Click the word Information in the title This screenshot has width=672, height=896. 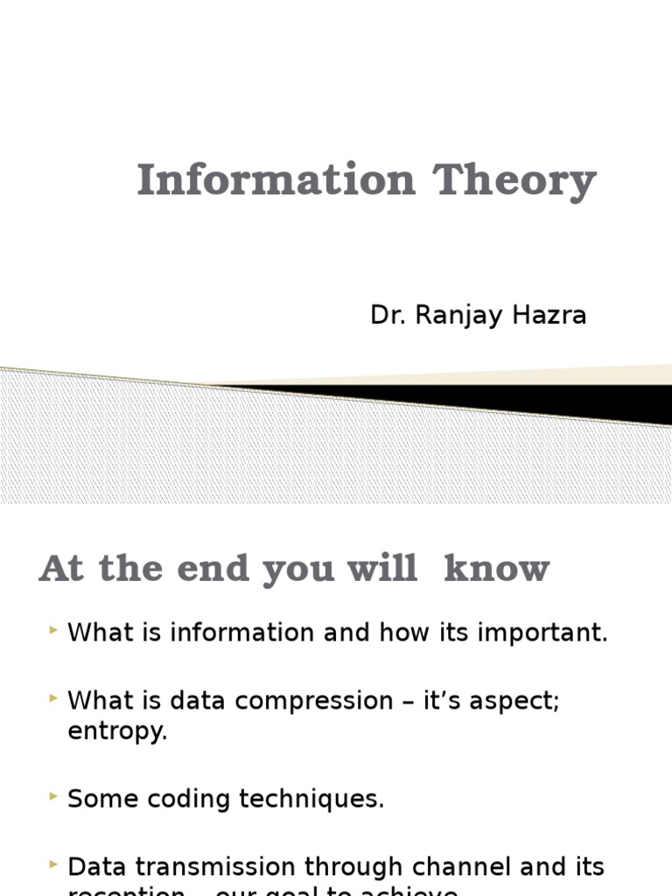coord(276,180)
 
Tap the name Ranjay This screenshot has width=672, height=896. coord(451,315)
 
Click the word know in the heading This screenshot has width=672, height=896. coord(497,569)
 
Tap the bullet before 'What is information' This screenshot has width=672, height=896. coord(55,629)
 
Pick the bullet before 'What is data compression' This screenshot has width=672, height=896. coord(55,697)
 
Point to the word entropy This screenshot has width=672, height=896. coord(116,732)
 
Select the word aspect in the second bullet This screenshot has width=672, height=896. coord(515,702)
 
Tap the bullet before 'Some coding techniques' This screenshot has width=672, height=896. coord(55,795)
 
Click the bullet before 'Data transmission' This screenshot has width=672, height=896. coord(55,864)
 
